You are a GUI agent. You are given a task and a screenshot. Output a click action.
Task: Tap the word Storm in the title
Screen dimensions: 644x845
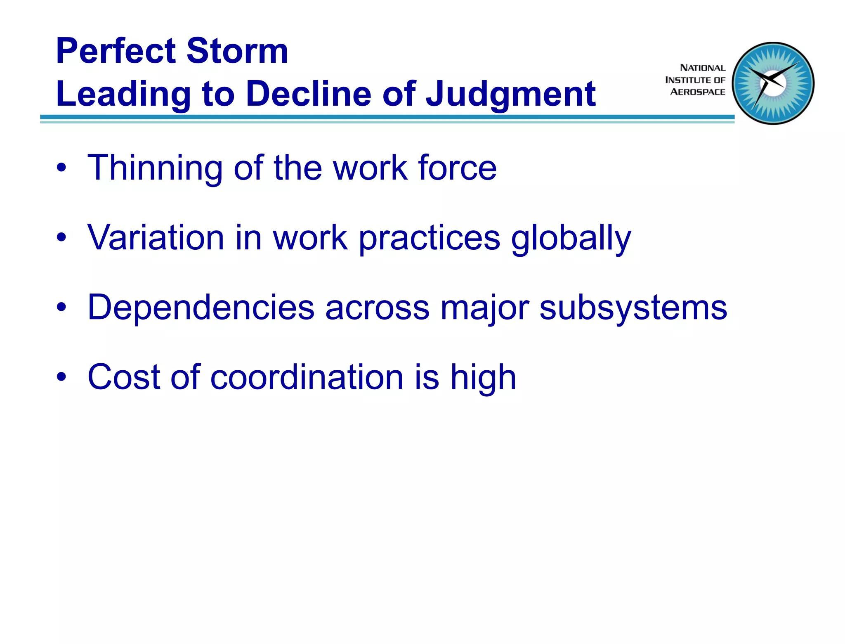(237, 51)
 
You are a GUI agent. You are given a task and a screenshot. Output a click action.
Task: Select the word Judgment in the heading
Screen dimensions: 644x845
(511, 95)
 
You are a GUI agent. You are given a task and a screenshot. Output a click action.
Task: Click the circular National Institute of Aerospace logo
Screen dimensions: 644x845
(773, 83)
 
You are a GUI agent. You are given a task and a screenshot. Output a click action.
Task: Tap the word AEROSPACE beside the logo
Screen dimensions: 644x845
(697, 92)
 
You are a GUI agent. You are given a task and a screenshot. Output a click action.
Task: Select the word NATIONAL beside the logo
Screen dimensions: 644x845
(702, 68)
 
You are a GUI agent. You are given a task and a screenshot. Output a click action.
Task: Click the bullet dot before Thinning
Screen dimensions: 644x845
(61, 168)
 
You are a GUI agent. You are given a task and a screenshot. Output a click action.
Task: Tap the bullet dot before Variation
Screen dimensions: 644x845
(61, 238)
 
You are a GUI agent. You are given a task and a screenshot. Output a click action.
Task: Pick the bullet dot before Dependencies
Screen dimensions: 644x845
(61, 308)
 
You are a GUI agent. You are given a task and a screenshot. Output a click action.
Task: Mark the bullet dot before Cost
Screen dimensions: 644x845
(61, 377)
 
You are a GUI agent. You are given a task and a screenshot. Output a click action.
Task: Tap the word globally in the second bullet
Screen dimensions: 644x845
(571, 239)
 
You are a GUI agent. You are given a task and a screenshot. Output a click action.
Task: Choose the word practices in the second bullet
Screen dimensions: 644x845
(429, 239)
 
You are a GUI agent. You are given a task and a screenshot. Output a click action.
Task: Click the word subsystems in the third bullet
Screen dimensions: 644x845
(633, 308)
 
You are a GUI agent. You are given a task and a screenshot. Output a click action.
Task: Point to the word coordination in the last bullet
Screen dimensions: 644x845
(307, 377)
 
